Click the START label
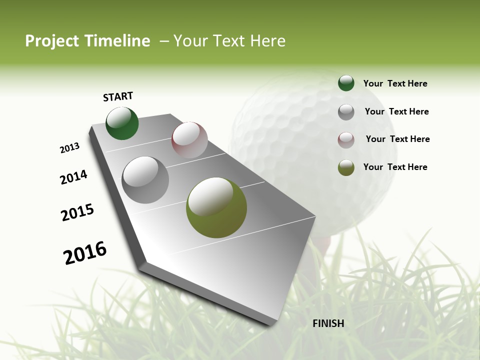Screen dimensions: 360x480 (x=118, y=96)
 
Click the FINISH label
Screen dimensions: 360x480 (x=328, y=323)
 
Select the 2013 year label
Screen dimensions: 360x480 (x=69, y=148)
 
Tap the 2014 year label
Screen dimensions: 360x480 (x=73, y=177)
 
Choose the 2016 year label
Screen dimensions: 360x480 (x=85, y=253)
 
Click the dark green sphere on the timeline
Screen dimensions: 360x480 (x=122, y=123)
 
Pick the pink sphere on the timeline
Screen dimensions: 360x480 (x=189, y=140)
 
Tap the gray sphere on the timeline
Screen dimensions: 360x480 (x=145, y=179)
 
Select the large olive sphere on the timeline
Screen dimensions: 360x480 (x=216, y=207)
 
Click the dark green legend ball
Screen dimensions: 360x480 (x=346, y=83)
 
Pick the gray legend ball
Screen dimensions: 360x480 (x=346, y=111)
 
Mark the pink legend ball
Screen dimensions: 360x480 (x=346, y=139)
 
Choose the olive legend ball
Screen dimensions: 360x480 (x=346, y=167)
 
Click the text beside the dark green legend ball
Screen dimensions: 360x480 (x=395, y=83)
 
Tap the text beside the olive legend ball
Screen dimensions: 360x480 (x=395, y=167)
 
